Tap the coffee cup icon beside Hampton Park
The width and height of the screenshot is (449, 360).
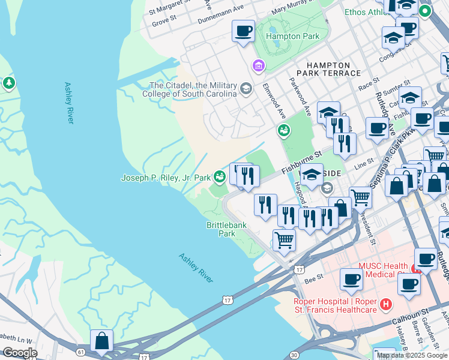[x=243, y=31]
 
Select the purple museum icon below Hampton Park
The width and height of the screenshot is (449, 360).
[x=259, y=65]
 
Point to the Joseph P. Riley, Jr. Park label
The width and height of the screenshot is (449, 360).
[x=166, y=178]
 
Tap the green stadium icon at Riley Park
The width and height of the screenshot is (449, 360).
[x=220, y=176]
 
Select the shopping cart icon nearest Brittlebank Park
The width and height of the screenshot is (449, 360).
[x=285, y=240]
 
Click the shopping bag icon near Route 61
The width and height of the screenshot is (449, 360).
[x=102, y=340]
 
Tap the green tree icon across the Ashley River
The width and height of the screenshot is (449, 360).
[x=8, y=83]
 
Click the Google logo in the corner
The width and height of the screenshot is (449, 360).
[x=20, y=353]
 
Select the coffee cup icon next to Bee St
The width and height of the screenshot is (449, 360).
[x=351, y=279]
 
